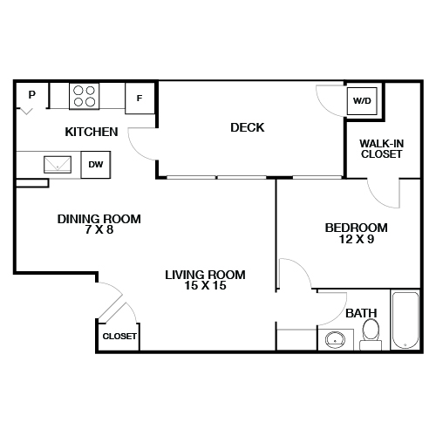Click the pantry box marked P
point(31,95)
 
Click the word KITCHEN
point(92,133)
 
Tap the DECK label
point(247,128)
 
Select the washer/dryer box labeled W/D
point(361,101)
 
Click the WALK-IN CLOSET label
point(381,148)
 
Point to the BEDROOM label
point(356,228)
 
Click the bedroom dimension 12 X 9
point(356,240)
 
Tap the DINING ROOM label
point(99,219)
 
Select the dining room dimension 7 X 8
point(99,231)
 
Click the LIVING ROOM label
point(205,275)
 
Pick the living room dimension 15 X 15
point(205,286)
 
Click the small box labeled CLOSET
point(119,336)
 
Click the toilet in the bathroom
point(371,331)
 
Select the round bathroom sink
point(334,340)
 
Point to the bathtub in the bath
point(406,322)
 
